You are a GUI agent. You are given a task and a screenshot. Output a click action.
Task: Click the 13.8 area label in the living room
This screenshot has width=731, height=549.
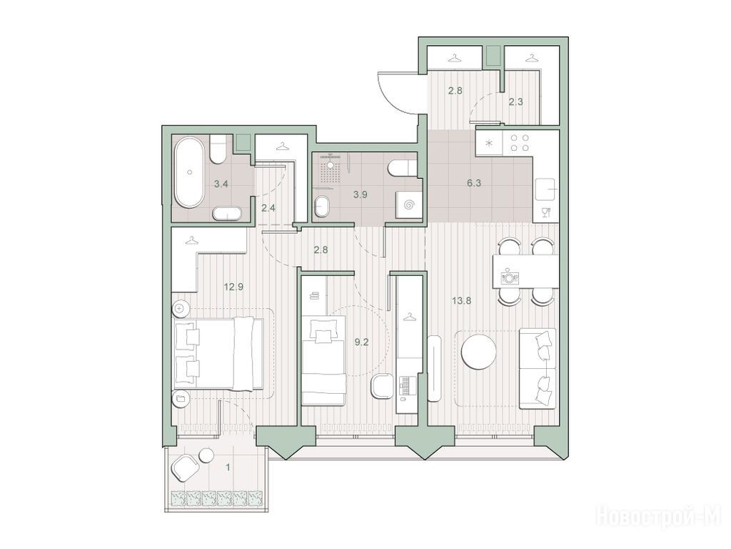pyautogui.click(x=462, y=301)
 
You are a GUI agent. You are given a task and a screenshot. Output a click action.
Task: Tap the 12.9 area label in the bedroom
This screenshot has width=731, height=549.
pyautogui.click(x=233, y=287)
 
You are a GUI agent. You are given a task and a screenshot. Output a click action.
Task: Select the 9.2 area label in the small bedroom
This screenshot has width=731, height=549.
pyautogui.click(x=361, y=342)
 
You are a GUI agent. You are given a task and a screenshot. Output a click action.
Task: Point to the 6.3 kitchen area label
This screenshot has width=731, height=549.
pyautogui.click(x=474, y=183)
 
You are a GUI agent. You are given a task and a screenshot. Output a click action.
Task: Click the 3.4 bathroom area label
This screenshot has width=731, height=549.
pyautogui.click(x=221, y=184)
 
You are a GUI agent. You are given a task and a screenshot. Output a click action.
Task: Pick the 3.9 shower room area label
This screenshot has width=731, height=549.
pyautogui.click(x=360, y=194)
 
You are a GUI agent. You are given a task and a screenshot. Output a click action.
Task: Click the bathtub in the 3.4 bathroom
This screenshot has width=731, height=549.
pyautogui.click(x=188, y=172)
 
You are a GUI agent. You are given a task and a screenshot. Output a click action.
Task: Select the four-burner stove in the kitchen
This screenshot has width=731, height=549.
pyautogui.click(x=519, y=143)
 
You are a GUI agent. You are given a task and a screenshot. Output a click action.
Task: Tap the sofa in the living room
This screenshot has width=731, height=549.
pyautogui.click(x=538, y=368)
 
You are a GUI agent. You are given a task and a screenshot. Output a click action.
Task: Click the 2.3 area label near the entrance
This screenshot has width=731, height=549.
pyautogui.click(x=515, y=102)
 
